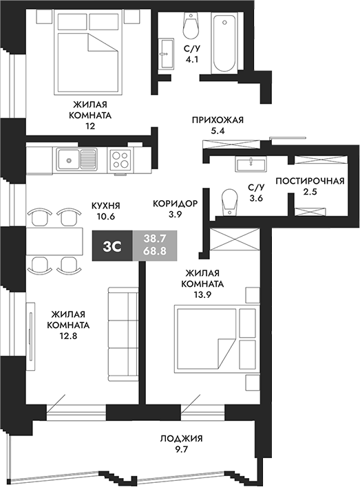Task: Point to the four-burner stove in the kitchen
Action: click(120, 160)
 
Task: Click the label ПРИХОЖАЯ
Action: click(218, 119)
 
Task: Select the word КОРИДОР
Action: click(175, 204)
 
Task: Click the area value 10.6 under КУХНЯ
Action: click(106, 217)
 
